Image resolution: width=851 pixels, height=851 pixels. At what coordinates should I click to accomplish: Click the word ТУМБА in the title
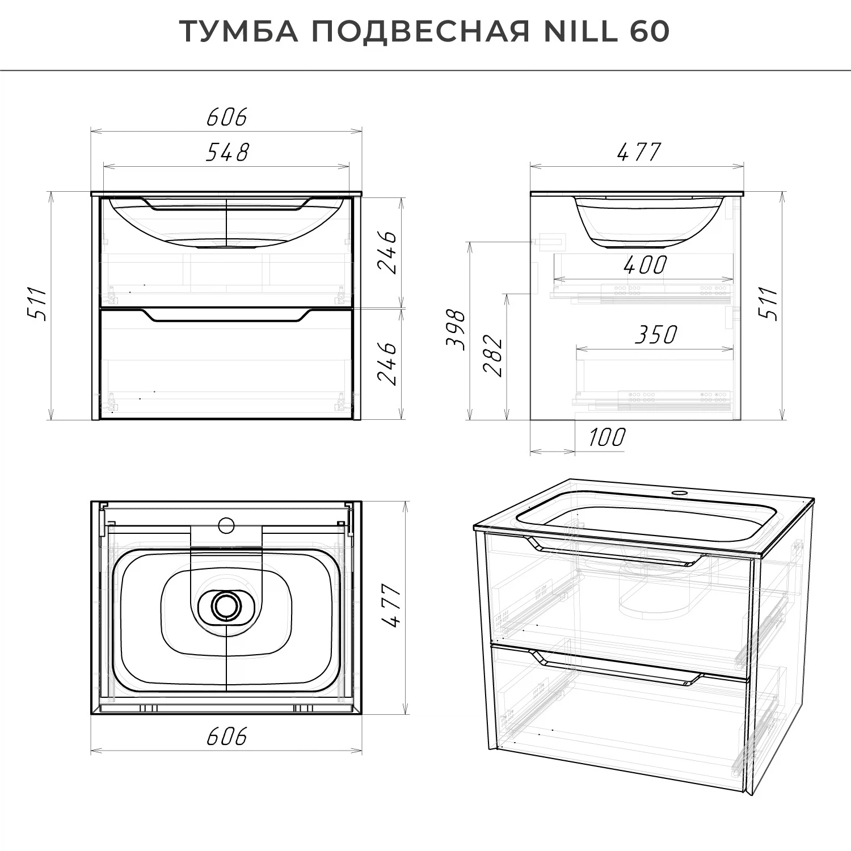click(x=239, y=32)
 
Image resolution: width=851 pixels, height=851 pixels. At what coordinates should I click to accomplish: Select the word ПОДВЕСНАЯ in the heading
click(x=420, y=32)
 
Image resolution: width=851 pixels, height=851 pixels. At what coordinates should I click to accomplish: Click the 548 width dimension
click(x=227, y=152)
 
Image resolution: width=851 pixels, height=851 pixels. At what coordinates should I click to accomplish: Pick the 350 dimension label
click(x=655, y=335)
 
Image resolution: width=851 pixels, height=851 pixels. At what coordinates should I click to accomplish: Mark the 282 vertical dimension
click(x=492, y=356)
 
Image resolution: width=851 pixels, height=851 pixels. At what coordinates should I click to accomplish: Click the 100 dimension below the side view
click(x=606, y=437)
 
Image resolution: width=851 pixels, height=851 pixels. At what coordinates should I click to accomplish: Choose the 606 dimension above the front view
click(x=227, y=117)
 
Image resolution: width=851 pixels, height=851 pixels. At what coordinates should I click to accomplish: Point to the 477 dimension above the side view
click(x=638, y=152)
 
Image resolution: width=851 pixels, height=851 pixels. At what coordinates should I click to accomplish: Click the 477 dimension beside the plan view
click(x=391, y=606)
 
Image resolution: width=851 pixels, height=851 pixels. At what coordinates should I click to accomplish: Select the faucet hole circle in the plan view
click(x=226, y=525)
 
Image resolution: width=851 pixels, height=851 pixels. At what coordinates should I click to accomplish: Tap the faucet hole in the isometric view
click(x=677, y=492)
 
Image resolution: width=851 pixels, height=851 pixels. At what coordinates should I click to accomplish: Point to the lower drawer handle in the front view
click(x=226, y=316)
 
